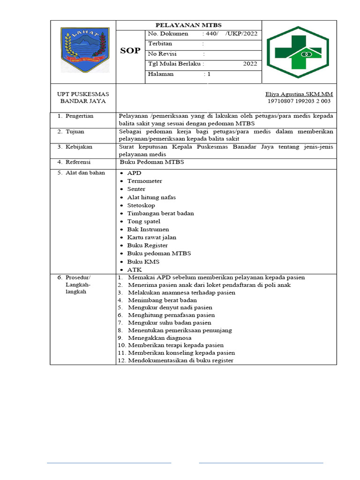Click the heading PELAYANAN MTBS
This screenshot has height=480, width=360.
click(188, 25)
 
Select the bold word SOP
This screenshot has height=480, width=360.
click(130, 51)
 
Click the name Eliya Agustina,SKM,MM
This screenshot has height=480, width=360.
click(299, 94)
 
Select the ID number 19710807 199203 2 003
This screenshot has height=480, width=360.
click(299, 101)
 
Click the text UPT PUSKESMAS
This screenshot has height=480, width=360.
click(82, 94)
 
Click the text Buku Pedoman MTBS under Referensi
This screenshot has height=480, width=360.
click(152, 162)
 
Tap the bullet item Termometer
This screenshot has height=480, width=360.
click(144, 181)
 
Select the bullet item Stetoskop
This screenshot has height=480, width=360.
click(141, 205)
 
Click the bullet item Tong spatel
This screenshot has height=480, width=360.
click(143, 221)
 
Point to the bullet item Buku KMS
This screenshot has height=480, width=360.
click(140, 262)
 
